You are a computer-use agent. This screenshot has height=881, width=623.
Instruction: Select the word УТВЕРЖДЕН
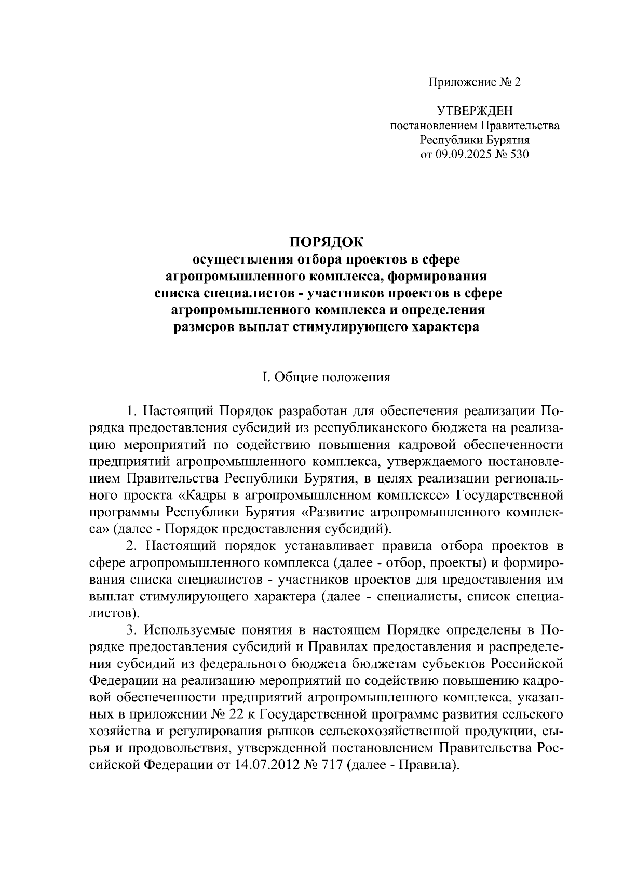coord(474,111)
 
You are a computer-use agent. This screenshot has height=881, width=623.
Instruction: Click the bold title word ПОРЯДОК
coord(327,242)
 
